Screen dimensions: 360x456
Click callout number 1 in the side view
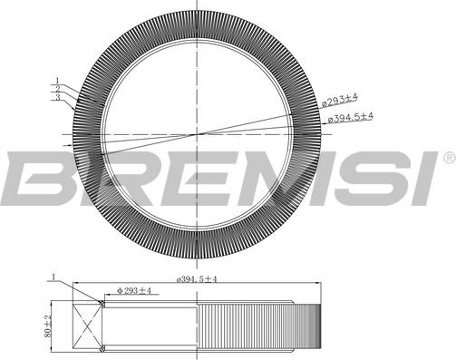point(53,277)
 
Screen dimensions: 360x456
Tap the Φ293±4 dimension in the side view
point(134,291)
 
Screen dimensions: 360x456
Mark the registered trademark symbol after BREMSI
point(448,159)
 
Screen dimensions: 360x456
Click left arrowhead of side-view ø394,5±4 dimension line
point(74,287)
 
